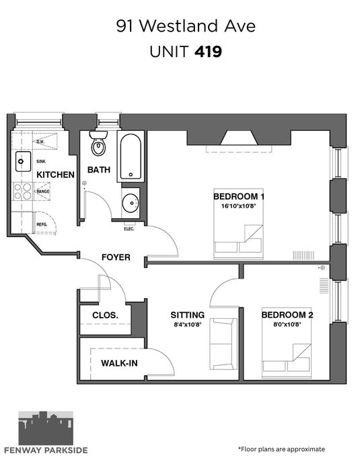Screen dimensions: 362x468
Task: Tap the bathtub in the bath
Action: pos(131,156)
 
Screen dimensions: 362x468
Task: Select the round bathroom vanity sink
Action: pos(131,203)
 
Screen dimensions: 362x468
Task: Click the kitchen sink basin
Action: pos(23,161)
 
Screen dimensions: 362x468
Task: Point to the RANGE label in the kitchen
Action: pos(43,191)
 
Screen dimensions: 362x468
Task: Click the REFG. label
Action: pos(42,224)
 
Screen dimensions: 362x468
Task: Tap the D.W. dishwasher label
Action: pos(40,142)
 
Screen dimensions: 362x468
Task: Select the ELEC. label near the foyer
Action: pos(129,229)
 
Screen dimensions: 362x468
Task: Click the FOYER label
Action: pos(116,257)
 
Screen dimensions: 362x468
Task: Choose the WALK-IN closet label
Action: pos(119,363)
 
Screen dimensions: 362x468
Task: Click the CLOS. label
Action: pos(105,315)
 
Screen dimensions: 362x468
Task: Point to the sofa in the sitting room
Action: pos(223,344)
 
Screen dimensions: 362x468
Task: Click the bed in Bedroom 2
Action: pos(287,342)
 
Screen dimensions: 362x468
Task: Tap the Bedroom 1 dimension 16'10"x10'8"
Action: pos(239,205)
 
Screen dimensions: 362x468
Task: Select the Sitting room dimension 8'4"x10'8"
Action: pos(188,324)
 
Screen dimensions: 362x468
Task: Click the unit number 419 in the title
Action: pos(208,52)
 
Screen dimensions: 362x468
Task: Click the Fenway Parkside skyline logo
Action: pos(46,428)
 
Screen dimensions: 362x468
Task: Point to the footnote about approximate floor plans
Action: pos(281,449)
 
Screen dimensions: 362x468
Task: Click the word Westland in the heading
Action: pos(179,26)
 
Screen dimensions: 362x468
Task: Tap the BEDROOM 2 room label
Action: pos(287,315)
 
